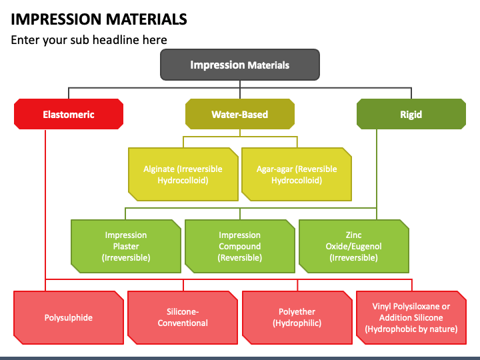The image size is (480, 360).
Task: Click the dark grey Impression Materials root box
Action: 240,65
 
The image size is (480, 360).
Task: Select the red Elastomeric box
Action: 69,114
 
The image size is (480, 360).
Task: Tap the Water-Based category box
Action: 240,114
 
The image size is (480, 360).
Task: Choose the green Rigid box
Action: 411,114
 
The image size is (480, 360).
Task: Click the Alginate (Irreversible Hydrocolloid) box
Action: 183,174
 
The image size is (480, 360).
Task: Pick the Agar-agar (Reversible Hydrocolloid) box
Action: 297,174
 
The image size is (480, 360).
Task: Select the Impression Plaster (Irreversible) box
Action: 126,246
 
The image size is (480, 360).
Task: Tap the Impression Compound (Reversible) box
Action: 240,246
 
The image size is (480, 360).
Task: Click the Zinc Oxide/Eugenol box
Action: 353,246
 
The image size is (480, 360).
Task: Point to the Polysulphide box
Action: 69,317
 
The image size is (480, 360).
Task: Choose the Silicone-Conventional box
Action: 183,317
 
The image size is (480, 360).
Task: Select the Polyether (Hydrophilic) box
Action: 297,317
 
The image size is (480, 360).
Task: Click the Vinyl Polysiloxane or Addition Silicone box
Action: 411,317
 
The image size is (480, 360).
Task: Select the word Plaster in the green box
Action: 126,246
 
